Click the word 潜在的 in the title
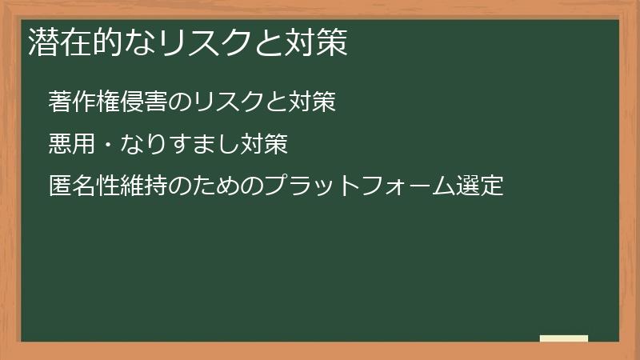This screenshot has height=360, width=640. (x=67, y=42)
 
